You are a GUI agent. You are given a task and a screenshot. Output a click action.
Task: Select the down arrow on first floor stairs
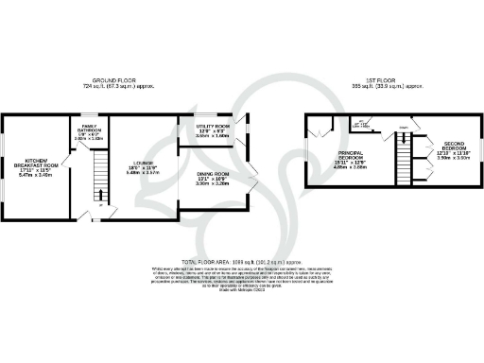click(403, 128)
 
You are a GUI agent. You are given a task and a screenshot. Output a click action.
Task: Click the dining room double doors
click(251, 177)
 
